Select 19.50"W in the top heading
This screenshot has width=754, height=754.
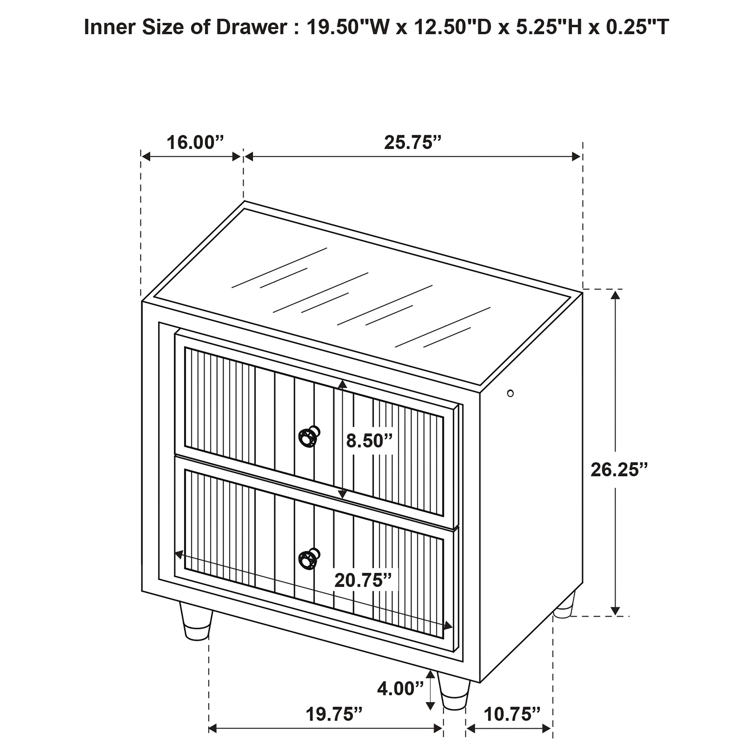347,27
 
